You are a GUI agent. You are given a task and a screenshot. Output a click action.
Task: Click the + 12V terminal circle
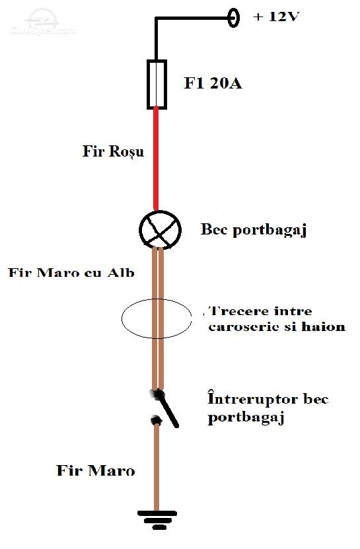[234, 17]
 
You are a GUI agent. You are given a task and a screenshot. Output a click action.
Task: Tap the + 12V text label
[276, 17]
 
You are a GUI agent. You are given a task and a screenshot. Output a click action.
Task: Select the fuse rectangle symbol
[157, 85]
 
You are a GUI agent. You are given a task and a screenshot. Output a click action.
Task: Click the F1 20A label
[213, 83]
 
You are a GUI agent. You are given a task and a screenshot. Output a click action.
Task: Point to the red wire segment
[156, 159]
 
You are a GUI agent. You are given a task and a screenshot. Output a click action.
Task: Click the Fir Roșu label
[113, 151]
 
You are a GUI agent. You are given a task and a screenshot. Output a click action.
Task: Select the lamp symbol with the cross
[160, 230]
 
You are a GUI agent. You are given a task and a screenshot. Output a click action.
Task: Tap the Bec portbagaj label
[254, 230]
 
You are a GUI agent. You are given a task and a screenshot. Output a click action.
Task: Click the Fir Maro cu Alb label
[71, 273]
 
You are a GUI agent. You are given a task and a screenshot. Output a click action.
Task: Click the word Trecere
[237, 311]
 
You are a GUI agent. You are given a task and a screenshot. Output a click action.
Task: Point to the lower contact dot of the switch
[156, 420]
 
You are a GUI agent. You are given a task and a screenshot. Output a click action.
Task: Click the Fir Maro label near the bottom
[96, 470]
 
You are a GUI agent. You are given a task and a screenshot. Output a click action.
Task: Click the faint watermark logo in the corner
[43, 22]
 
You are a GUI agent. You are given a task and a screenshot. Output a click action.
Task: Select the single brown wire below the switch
[157, 467]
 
